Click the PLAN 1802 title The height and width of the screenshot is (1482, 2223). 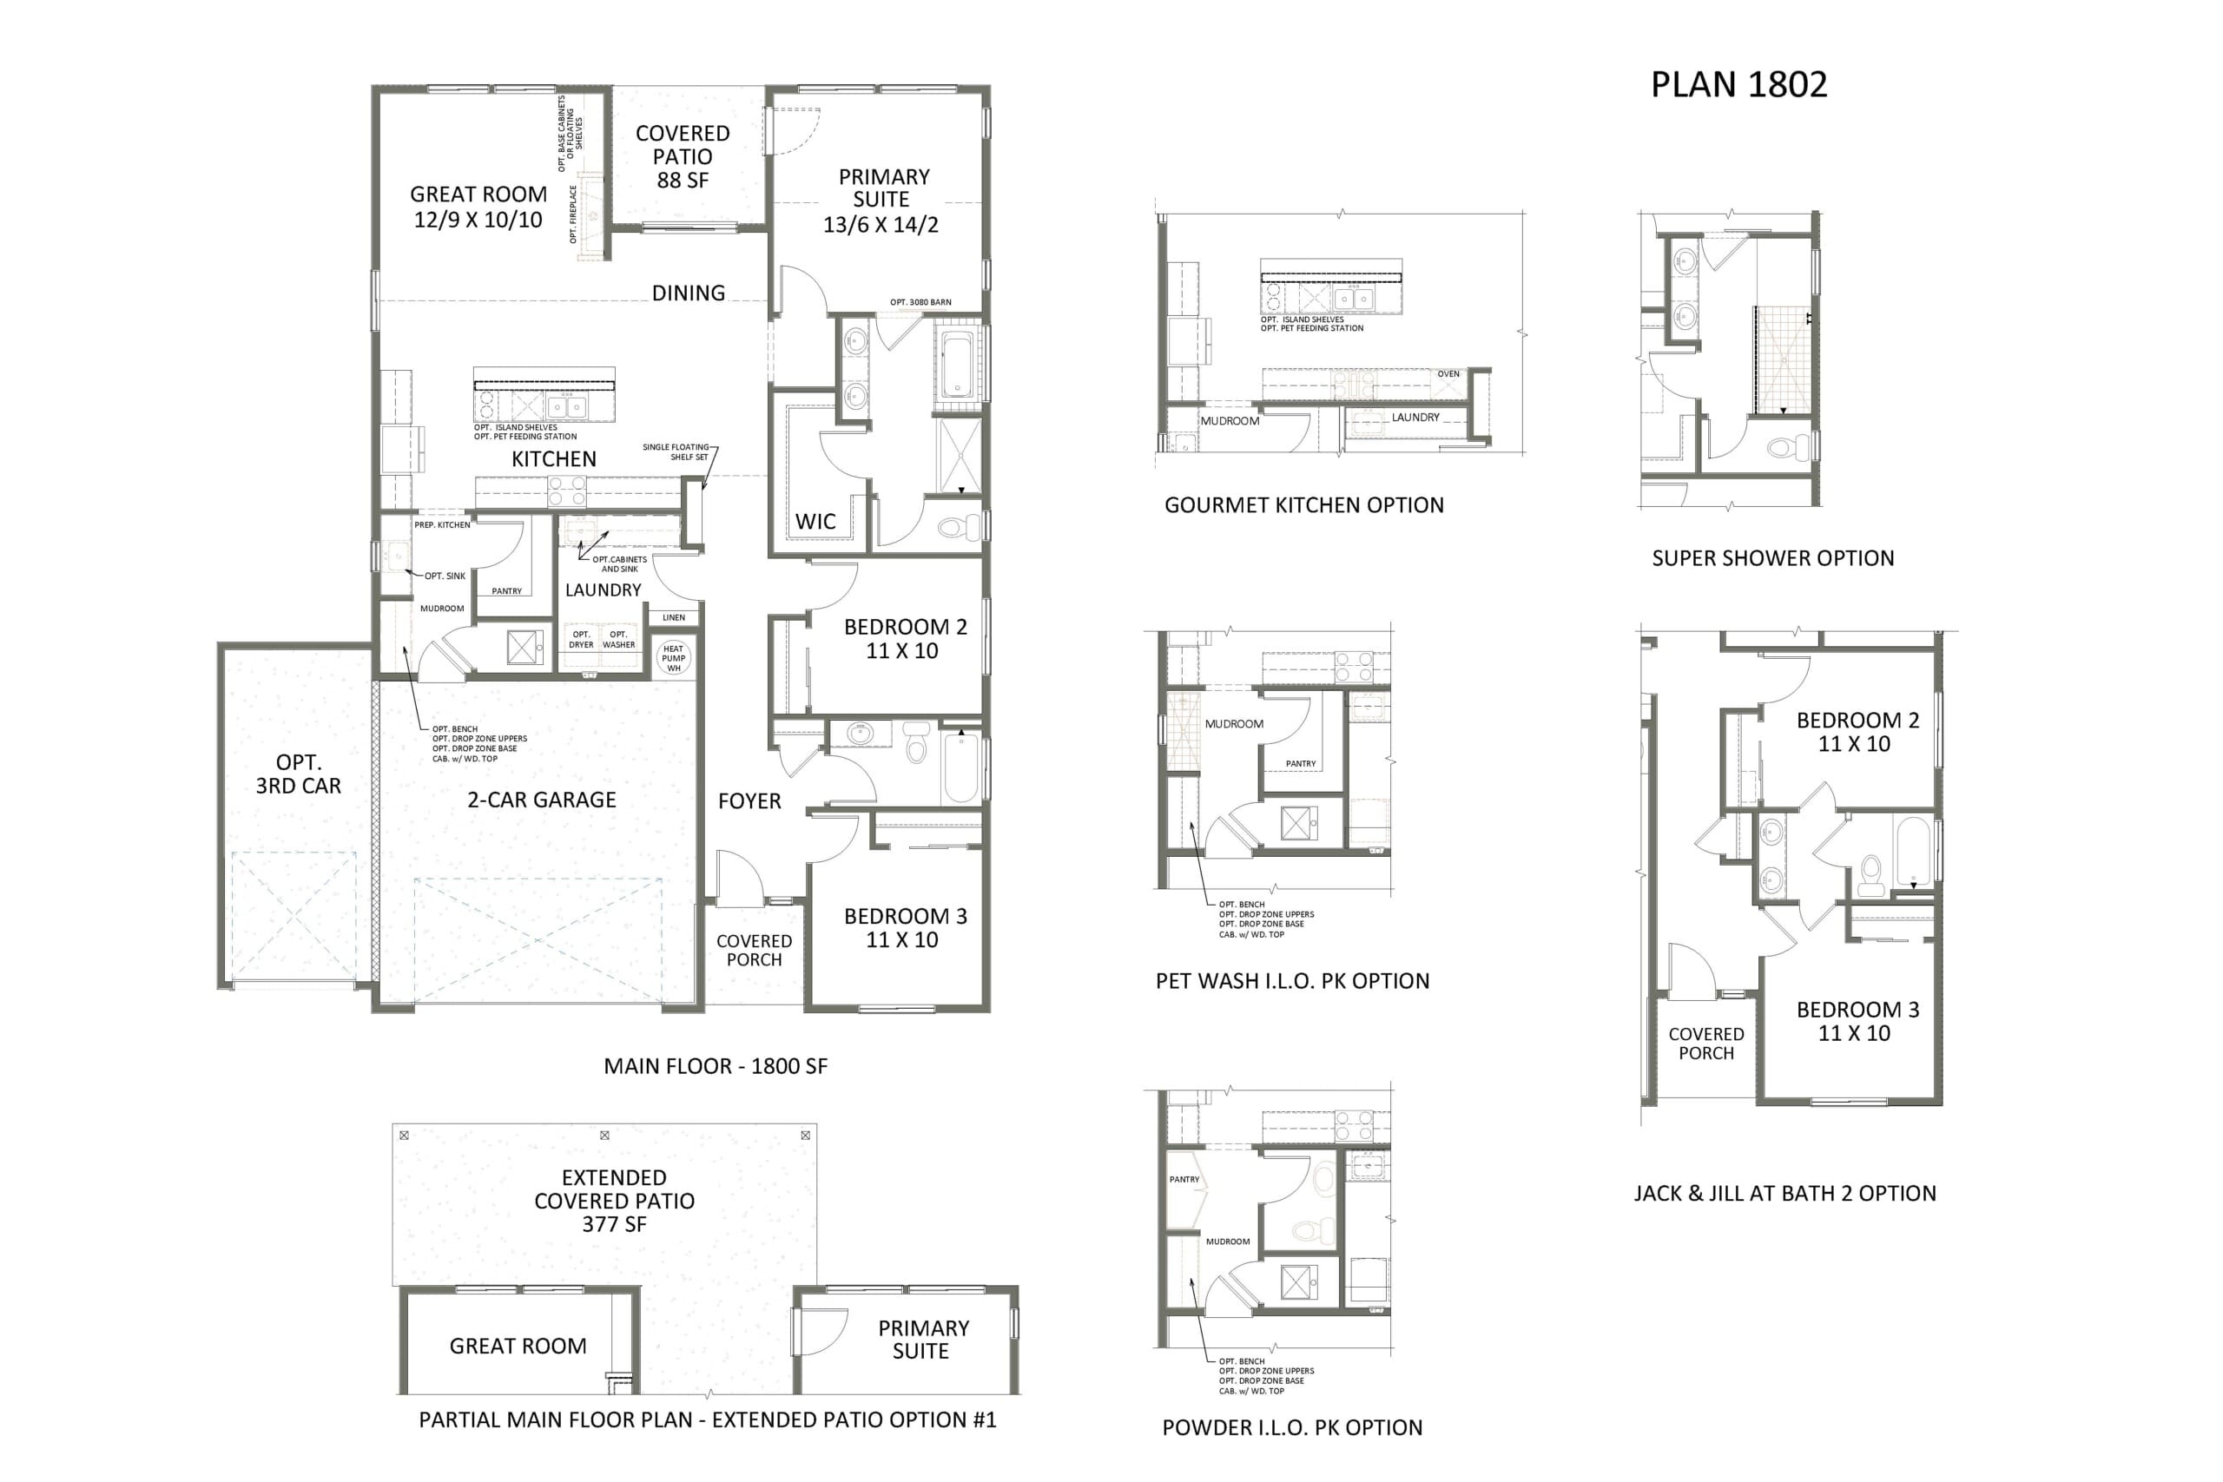pos(1738,84)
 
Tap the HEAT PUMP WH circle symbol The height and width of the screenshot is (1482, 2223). pos(673,658)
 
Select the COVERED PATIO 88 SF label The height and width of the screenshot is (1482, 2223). pos(683,157)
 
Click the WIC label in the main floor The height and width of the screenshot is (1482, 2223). pos(815,522)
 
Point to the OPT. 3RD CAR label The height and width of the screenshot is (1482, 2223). pos(298,774)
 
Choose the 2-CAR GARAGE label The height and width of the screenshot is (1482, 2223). pos(542,800)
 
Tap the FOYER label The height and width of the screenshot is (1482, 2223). pos(749,801)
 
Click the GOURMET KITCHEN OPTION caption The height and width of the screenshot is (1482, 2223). pos(1304,505)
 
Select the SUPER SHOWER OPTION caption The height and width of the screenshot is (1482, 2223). pos(1773,558)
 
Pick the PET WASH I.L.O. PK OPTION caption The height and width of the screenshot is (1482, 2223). pos(1292,981)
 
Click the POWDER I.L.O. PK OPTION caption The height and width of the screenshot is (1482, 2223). pos(1292,1428)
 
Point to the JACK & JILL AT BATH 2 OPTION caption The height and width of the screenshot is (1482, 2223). pos(1784,1194)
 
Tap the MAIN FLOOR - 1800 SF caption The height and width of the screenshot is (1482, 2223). pos(716,1066)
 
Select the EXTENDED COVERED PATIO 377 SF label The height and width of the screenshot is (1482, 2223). pos(614,1202)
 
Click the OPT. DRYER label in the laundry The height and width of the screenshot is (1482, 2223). pos(581,640)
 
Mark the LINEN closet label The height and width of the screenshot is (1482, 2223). pos(674,618)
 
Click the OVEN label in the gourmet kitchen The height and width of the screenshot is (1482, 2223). pos(1448,374)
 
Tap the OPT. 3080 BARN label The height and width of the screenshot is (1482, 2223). pos(920,302)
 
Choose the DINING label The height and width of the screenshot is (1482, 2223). pos(688,293)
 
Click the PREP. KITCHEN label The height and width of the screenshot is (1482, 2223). pos(441,525)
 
